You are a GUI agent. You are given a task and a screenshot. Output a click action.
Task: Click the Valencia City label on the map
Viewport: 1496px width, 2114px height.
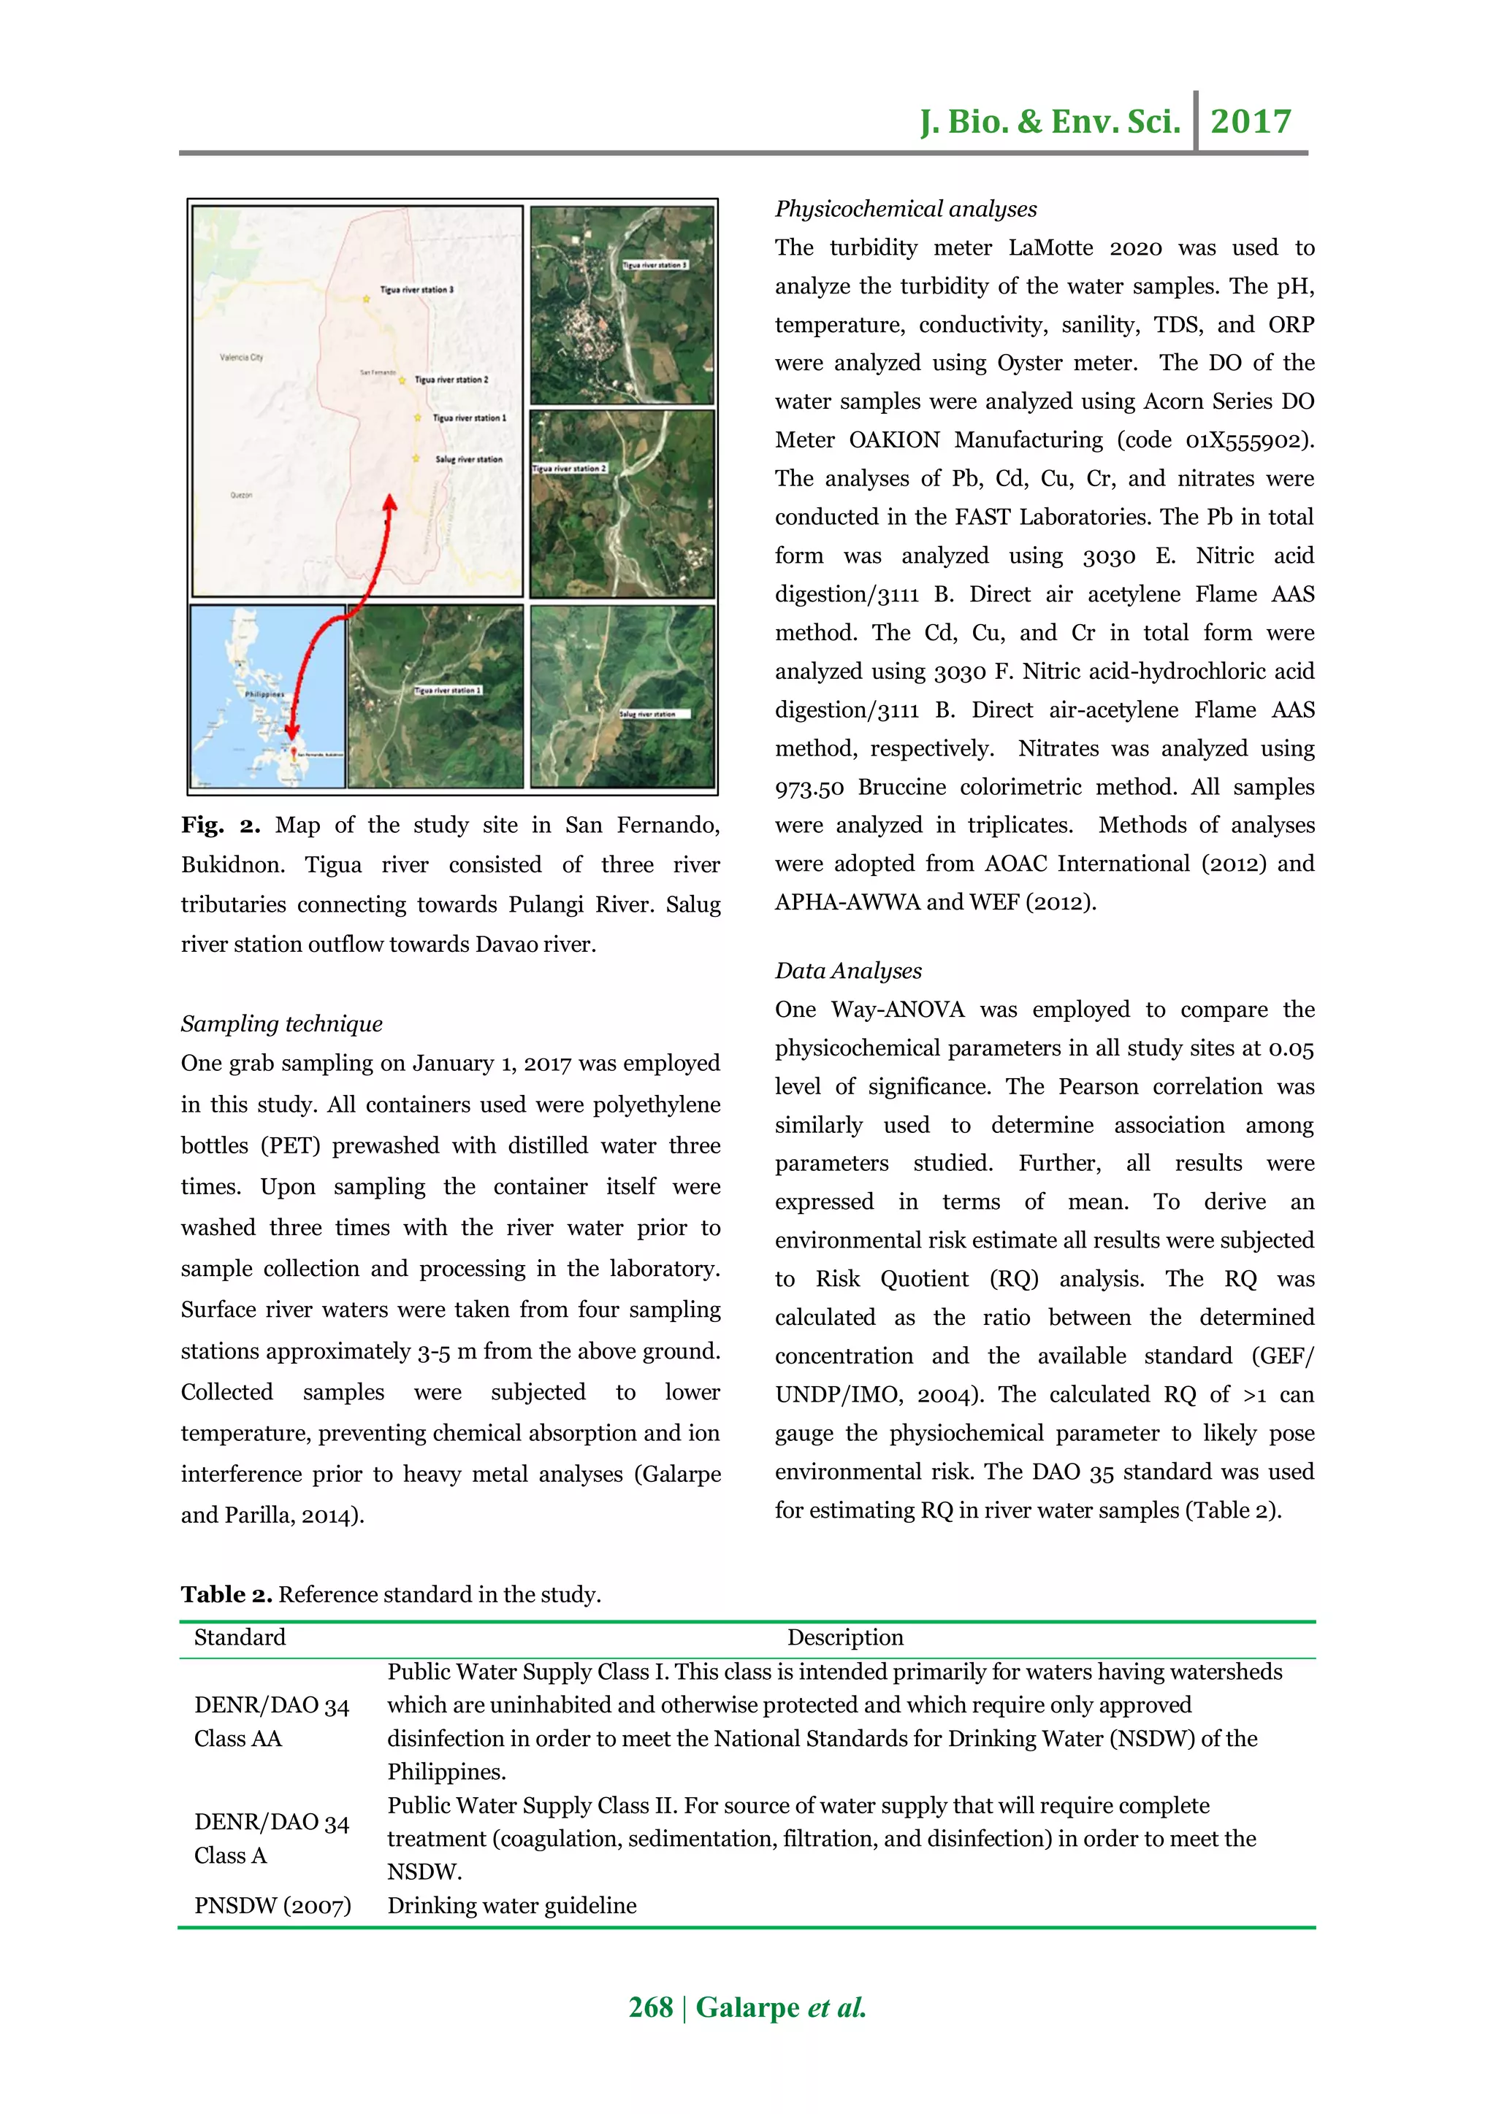coord(241,356)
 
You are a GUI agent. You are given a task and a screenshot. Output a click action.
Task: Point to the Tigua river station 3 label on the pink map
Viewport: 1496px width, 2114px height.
coord(416,289)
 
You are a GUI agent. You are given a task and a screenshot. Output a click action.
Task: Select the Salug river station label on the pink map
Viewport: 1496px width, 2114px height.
coord(468,458)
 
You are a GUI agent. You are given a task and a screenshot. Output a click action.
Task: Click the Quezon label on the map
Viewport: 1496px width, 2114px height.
coord(241,494)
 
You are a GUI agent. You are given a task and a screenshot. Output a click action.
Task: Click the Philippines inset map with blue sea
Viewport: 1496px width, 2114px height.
coord(267,696)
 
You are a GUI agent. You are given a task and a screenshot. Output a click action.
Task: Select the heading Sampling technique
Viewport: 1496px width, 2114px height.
coord(281,1024)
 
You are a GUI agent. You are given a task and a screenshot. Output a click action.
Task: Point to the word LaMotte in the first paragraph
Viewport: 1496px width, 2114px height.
coord(1051,247)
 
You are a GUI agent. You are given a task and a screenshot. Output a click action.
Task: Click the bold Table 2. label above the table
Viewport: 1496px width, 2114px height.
coord(226,1595)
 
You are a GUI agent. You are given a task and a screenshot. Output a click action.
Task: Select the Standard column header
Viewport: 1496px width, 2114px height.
coord(240,1637)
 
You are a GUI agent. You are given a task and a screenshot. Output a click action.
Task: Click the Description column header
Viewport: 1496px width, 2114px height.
coord(844,1637)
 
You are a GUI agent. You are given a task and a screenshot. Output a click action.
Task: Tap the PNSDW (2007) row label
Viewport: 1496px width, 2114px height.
coord(272,1905)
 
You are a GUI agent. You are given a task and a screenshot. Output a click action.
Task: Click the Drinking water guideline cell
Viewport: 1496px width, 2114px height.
coord(511,1905)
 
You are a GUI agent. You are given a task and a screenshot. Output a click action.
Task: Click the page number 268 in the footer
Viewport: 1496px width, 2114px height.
coord(650,2007)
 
